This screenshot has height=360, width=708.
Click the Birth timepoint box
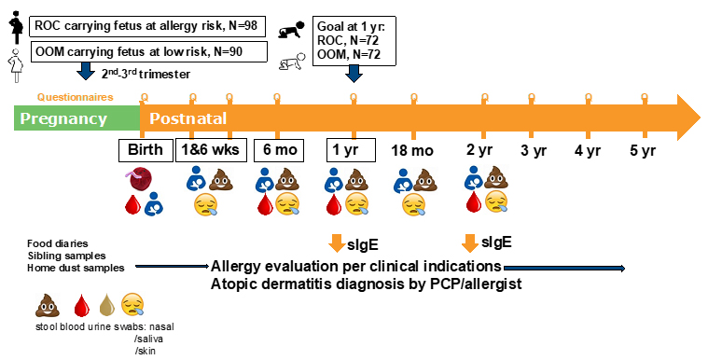click(146, 150)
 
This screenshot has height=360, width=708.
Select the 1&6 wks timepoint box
click(211, 150)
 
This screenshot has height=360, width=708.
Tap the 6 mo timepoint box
click(279, 150)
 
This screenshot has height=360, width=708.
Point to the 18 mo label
click(412, 150)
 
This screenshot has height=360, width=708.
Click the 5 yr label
click(643, 150)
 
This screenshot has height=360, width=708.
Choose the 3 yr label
click(534, 150)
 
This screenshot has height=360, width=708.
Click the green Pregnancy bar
click(76, 118)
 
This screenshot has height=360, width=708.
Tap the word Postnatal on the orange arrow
click(187, 118)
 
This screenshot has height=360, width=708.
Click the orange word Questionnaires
click(75, 97)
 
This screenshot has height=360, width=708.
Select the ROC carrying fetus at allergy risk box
click(146, 26)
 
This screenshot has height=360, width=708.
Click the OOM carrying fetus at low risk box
click(148, 52)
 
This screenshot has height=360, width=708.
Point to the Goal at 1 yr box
click(354, 41)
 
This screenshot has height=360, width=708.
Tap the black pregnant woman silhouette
click(17, 27)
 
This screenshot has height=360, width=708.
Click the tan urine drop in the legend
click(106, 305)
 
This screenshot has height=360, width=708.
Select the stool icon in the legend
click(48, 305)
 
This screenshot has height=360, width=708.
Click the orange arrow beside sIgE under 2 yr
click(469, 243)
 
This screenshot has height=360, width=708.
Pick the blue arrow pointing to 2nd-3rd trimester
click(85, 72)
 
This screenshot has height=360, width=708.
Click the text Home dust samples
click(76, 268)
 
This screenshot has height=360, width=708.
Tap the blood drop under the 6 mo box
click(265, 204)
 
